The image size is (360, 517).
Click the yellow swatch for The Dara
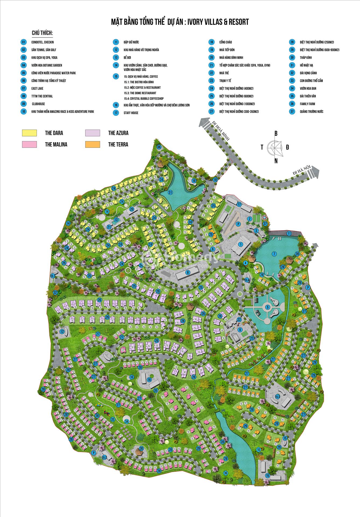click(x=29, y=133)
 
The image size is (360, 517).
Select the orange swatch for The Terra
click(x=92, y=144)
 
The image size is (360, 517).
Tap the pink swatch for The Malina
click(x=29, y=144)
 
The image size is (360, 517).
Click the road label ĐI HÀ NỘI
click(x=302, y=170)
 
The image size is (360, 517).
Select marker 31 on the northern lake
click(x=170, y=192)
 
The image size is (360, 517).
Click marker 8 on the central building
click(x=188, y=273)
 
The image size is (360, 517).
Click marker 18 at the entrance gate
click(x=215, y=180)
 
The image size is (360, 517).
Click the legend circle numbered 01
click(x=24, y=42)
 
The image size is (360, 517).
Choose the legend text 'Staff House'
click(x=131, y=113)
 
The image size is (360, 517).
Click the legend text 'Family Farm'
click(x=307, y=104)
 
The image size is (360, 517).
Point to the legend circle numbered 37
click(x=292, y=111)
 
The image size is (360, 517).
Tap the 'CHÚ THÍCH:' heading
click(x=42, y=33)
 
